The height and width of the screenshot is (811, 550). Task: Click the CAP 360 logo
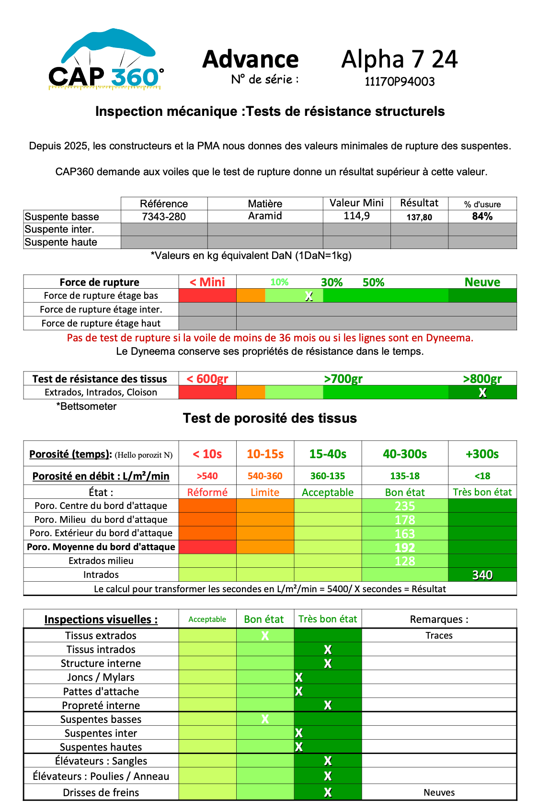[106, 60]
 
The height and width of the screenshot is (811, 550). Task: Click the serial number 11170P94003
[400, 81]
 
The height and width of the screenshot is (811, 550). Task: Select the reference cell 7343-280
[164, 216]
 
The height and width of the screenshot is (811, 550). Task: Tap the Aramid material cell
[265, 216]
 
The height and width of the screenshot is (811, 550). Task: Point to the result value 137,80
[419, 217]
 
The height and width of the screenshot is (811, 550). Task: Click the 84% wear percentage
[482, 216]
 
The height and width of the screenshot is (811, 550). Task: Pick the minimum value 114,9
[356, 216]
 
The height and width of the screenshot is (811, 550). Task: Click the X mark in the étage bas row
[309, 296]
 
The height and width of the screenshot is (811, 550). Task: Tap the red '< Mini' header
[207, 282]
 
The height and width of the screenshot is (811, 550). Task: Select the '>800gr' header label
[482, 379]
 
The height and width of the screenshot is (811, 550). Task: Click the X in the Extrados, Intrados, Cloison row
[482, 393]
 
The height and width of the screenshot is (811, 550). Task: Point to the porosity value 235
[405, 506]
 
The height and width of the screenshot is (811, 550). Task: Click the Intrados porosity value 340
[482, 575]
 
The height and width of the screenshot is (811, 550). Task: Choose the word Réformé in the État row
[207, 492]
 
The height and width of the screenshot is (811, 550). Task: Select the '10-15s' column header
[265, 454]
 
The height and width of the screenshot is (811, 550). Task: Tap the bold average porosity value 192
[405, 547]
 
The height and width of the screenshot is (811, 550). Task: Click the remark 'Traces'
[439, 635]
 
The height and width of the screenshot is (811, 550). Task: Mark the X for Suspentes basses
[265, 719]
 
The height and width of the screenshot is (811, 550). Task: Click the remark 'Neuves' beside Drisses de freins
[439, 792]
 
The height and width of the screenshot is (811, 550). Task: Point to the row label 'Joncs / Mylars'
[101, 677]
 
